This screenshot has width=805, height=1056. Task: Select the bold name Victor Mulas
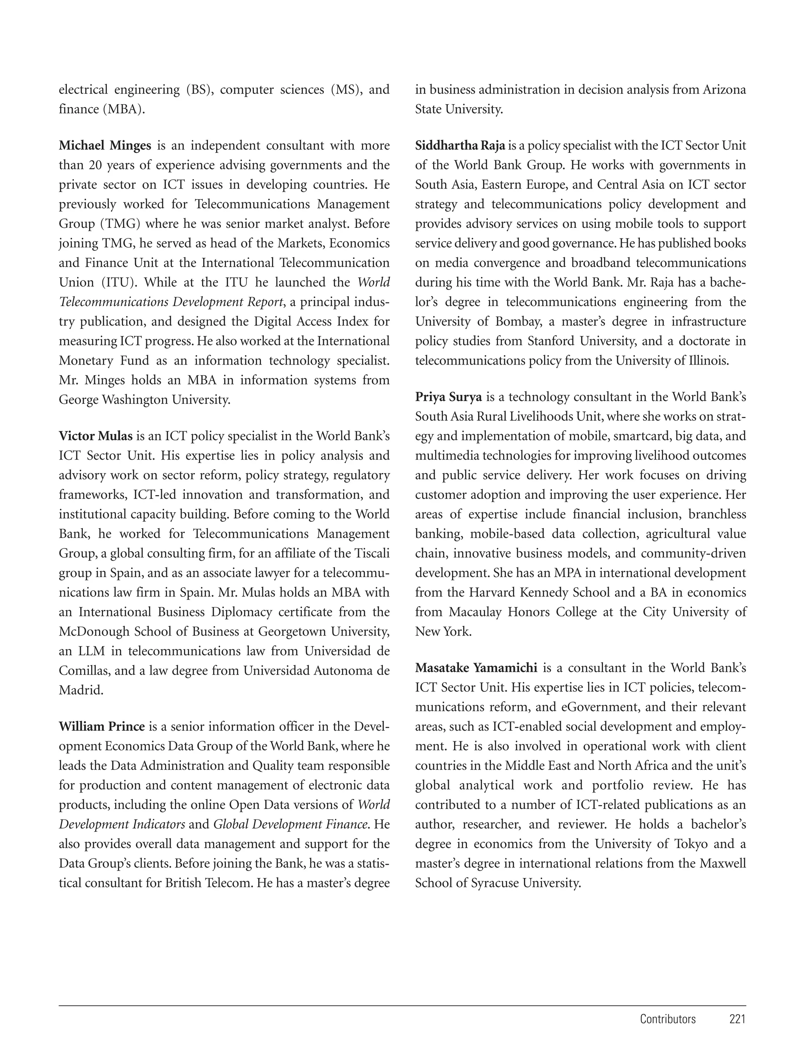click(96, 436)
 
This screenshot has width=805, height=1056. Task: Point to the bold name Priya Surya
click(448, 397)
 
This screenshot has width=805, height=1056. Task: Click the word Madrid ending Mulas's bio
click(81, 691)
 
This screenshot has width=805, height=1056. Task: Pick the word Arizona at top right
click(724, 90)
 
